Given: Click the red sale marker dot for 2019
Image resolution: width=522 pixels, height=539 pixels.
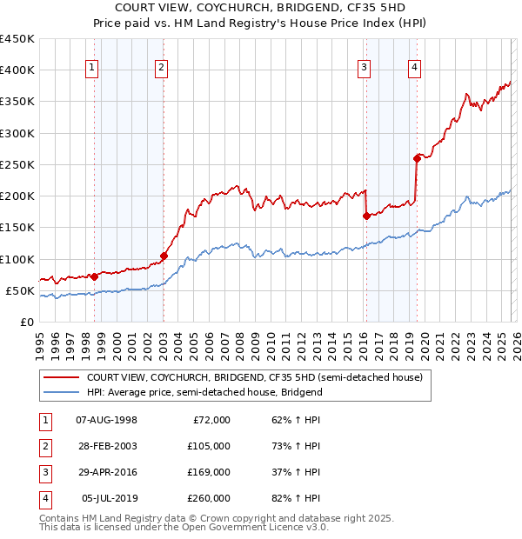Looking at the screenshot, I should tap(417, 158).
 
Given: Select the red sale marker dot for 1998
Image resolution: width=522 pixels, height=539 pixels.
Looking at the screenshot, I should tap(94, 276).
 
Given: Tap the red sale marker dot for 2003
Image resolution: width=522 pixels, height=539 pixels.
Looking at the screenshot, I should tap(164, 256).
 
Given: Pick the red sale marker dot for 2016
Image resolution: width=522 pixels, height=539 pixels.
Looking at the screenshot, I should tap(366, 216).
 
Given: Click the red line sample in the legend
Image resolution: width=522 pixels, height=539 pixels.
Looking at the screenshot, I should tap(60, 378).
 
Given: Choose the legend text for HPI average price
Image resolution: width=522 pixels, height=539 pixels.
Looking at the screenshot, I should tap(204, 393).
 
